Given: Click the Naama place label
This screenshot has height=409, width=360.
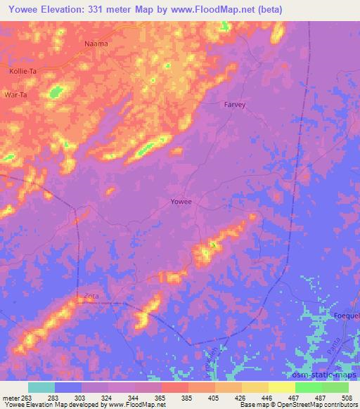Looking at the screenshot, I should [97, 44].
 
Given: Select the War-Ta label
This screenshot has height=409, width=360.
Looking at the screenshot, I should [15, 94].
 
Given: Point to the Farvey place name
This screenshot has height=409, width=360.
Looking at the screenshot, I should [235, 105].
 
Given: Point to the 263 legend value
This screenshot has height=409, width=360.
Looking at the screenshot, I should [31, 398].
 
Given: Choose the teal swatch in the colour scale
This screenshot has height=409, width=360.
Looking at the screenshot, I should [41, 387].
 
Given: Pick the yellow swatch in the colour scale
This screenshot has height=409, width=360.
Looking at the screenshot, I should [281, 387].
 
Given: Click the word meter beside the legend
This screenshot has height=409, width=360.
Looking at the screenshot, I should [12, 398].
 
